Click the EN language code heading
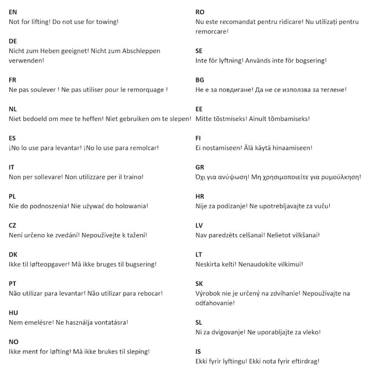[x=13, y=12]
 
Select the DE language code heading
[x=13, y=41]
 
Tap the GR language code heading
[x=200, y=167]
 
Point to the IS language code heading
[x=198, y=351]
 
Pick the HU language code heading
[x=14, y=313]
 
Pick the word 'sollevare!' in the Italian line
[x=51, y=177]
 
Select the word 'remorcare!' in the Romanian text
[x=212, y=31]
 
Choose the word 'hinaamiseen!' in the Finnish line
[x=290, y=148]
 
